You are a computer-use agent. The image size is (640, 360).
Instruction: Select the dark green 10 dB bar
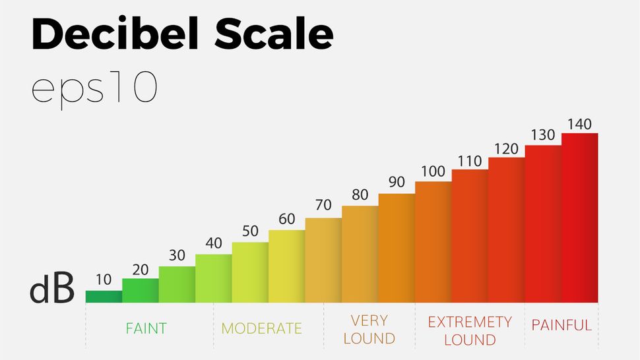[104, 297]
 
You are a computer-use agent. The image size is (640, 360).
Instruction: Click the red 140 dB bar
[579, 218]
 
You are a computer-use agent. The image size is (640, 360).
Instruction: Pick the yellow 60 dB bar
[286, 266]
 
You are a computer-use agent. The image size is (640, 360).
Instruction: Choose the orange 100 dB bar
[433, 242]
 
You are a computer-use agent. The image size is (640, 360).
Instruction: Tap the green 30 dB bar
[177, 284]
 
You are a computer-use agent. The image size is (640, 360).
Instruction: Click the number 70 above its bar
[323, 206]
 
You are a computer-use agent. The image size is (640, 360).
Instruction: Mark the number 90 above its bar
[397, 181]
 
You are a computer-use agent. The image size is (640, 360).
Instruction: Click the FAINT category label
[146, 328]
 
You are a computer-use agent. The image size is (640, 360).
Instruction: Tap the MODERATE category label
[261, 328]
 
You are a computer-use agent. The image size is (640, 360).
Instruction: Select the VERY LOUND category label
[369, 330]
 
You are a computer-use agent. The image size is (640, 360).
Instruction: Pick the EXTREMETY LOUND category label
[469, 330]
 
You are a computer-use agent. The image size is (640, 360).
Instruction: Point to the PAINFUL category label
[561, 325]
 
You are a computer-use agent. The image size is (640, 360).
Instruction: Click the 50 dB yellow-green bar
[250, 272]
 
